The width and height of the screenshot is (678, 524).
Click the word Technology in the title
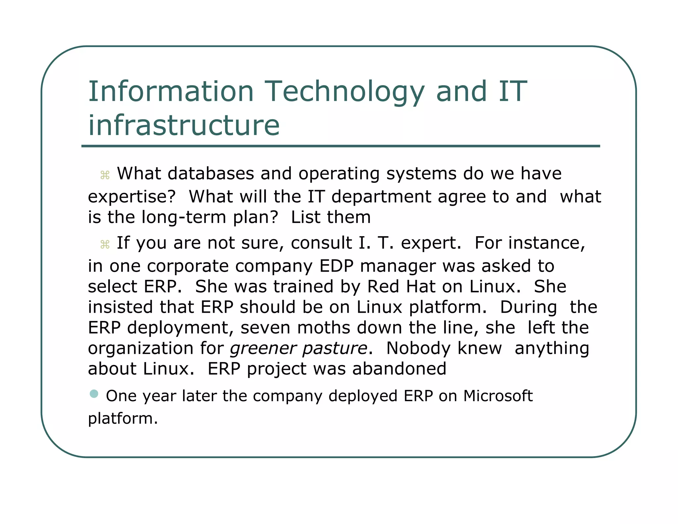tap(344, 92)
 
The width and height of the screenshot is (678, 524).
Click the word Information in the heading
tap(171, 91)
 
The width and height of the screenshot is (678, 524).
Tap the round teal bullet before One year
tap(94, 393)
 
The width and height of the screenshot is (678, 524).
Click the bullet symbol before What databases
tap(105, 175)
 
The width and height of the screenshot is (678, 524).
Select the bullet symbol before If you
tap(105, 244)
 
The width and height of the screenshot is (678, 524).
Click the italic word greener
tap(263, 348)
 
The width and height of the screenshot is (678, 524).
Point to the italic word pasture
tap(335, 348)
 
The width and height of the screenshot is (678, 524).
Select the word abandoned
tap(399, 369)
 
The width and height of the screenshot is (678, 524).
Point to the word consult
tap(321, 243)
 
